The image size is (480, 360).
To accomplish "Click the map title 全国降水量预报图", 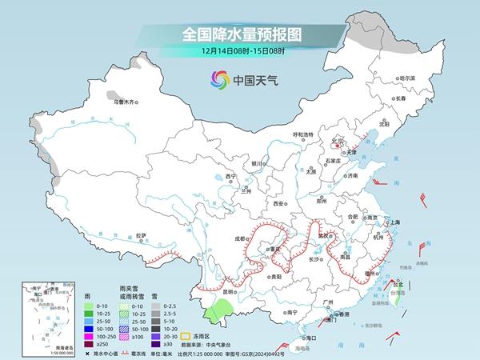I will click(x=239, y=34).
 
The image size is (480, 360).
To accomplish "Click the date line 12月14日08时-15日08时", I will click(x=239, y=52).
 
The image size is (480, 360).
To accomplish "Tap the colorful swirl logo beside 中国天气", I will click(x=218, y=79).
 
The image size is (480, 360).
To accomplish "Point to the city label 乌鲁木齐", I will click(x=127, y=102).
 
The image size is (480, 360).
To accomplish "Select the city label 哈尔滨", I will click(x=408, y=78).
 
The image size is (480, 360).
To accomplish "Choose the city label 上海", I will click(x=392, y=222).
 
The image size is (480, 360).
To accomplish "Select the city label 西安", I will click(x=279, y=204).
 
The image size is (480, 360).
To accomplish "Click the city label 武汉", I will click(x=323, y=236).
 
